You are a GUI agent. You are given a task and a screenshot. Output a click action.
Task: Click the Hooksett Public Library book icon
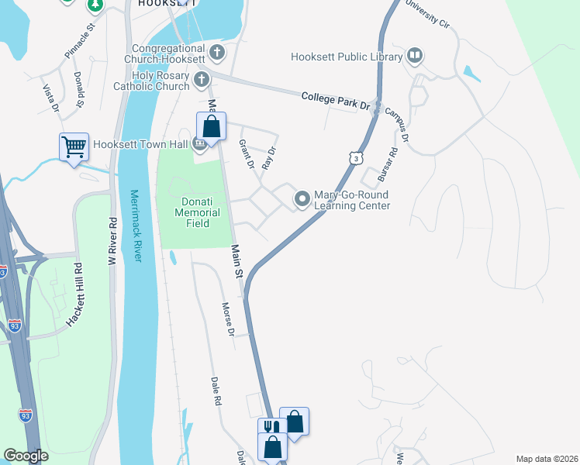415,56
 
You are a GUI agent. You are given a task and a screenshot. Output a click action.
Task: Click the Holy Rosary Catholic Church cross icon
202,79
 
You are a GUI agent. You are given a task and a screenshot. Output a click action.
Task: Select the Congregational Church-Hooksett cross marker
217,53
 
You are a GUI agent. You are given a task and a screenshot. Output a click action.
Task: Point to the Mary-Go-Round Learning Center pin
302,200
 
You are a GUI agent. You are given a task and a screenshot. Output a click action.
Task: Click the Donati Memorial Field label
197,208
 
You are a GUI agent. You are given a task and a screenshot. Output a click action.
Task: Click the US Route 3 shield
354,158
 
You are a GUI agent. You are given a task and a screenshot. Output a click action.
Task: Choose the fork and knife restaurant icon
269,427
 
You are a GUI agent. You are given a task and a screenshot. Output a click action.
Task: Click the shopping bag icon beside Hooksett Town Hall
211,126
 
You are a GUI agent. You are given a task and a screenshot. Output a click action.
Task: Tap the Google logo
26,456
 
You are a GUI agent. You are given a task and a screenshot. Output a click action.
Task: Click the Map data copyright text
547,459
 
